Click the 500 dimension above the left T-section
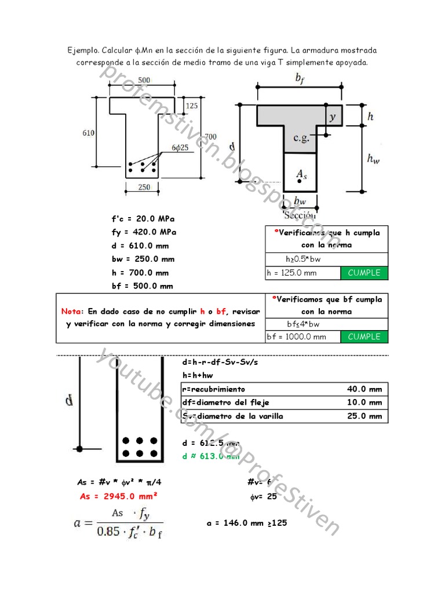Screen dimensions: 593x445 pyautogui.click(x=144, y=80)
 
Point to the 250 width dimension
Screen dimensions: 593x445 pyautogui.click(x=144, y=187)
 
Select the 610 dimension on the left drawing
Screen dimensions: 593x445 pyautogui.click(x=89, y=133)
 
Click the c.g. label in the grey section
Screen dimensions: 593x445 pyautogui.click(x=301, y=138)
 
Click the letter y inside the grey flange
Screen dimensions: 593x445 pyautogui.click(x=332, y=116)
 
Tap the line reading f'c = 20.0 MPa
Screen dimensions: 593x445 pyautogui.click(x=143, y=219)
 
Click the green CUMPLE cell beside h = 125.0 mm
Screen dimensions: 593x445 pyautogui.click(x=364, y=273)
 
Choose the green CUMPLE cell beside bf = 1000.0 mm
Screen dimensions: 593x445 pyautogui.click(x=364, y=336)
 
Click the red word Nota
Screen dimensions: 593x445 pyautogui.click(x=72, y=311)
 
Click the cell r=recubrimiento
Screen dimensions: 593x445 pyautogui.click(x=213, y=389)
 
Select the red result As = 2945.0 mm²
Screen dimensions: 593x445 pyautogui.click(x=118, y=496)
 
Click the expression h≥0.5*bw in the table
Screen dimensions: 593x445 pyautogui.click(x=305, y=259)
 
